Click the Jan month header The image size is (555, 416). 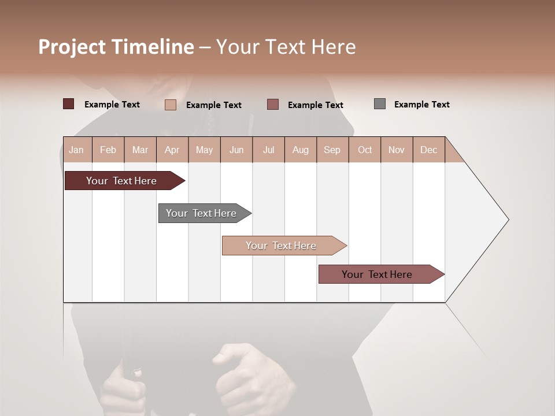pyautogui.click(x=77, y=150)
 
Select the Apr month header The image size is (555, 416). pyautogui.click(x=172, y=150)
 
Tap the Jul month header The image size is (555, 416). pyautogui.click(x=268, y=150)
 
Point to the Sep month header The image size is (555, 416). pyautogui.click(x=332, y=150)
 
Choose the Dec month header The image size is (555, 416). pyautogui.click(x=428, y=150)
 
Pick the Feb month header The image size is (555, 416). pyautogui.click(x=108, y=150)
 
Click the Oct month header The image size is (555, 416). pyautogui.click(x=365, y=150)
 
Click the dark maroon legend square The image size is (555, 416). pyautogui.click(x=69, y=104)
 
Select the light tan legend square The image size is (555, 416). pyautogui.click(x=171, y=105)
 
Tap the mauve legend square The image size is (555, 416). pyautogui.click(x=273, y=104)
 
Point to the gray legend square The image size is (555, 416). pyautogui.click(x=380, y=104)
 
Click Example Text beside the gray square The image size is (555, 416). pyautogui.click(x=421, y=105)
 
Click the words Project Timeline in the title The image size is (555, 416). pyautogui.click(x=116, y=47)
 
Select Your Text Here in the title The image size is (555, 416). pyautogui.click(x=286, y=47)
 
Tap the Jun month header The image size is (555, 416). pyautogui.click(x=236, y=150)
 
